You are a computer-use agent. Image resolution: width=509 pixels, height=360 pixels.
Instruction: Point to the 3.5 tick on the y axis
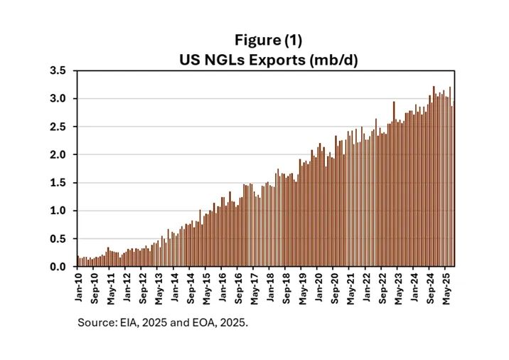click(58, 71)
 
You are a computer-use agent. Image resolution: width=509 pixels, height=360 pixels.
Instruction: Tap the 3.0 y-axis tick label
click(58, 99)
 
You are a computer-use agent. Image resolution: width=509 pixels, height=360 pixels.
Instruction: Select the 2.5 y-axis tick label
click(58, 127)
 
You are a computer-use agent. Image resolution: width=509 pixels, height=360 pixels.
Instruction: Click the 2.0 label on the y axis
click(58, 154)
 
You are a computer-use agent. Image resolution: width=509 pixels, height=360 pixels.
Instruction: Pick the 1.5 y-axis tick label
click(58, 183)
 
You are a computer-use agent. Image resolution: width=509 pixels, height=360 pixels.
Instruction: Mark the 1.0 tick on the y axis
click(58, 211)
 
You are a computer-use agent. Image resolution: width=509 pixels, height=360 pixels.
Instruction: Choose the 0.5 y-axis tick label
click(58, 238)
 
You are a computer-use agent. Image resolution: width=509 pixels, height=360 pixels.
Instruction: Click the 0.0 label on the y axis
click(58, 267)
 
